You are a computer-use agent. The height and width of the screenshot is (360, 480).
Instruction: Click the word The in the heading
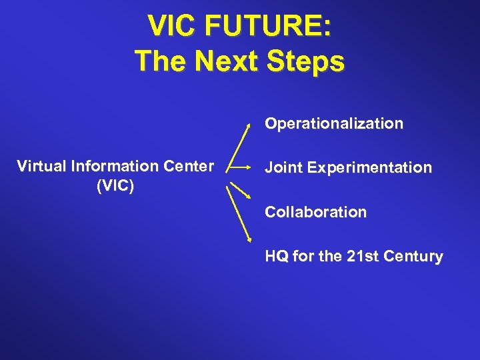tap(159, 61)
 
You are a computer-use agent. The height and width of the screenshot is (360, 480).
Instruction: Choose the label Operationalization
tap(333, 124)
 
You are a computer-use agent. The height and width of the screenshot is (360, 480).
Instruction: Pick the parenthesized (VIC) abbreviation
tap(115, 185)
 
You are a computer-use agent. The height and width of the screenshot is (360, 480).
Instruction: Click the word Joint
tap(283, 168)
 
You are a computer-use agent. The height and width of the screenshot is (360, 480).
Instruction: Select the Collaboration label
tap(315, 213)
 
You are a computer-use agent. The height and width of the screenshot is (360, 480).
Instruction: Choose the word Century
tap(414, 257)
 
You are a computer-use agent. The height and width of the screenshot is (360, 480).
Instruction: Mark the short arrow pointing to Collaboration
tap(239, 186)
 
